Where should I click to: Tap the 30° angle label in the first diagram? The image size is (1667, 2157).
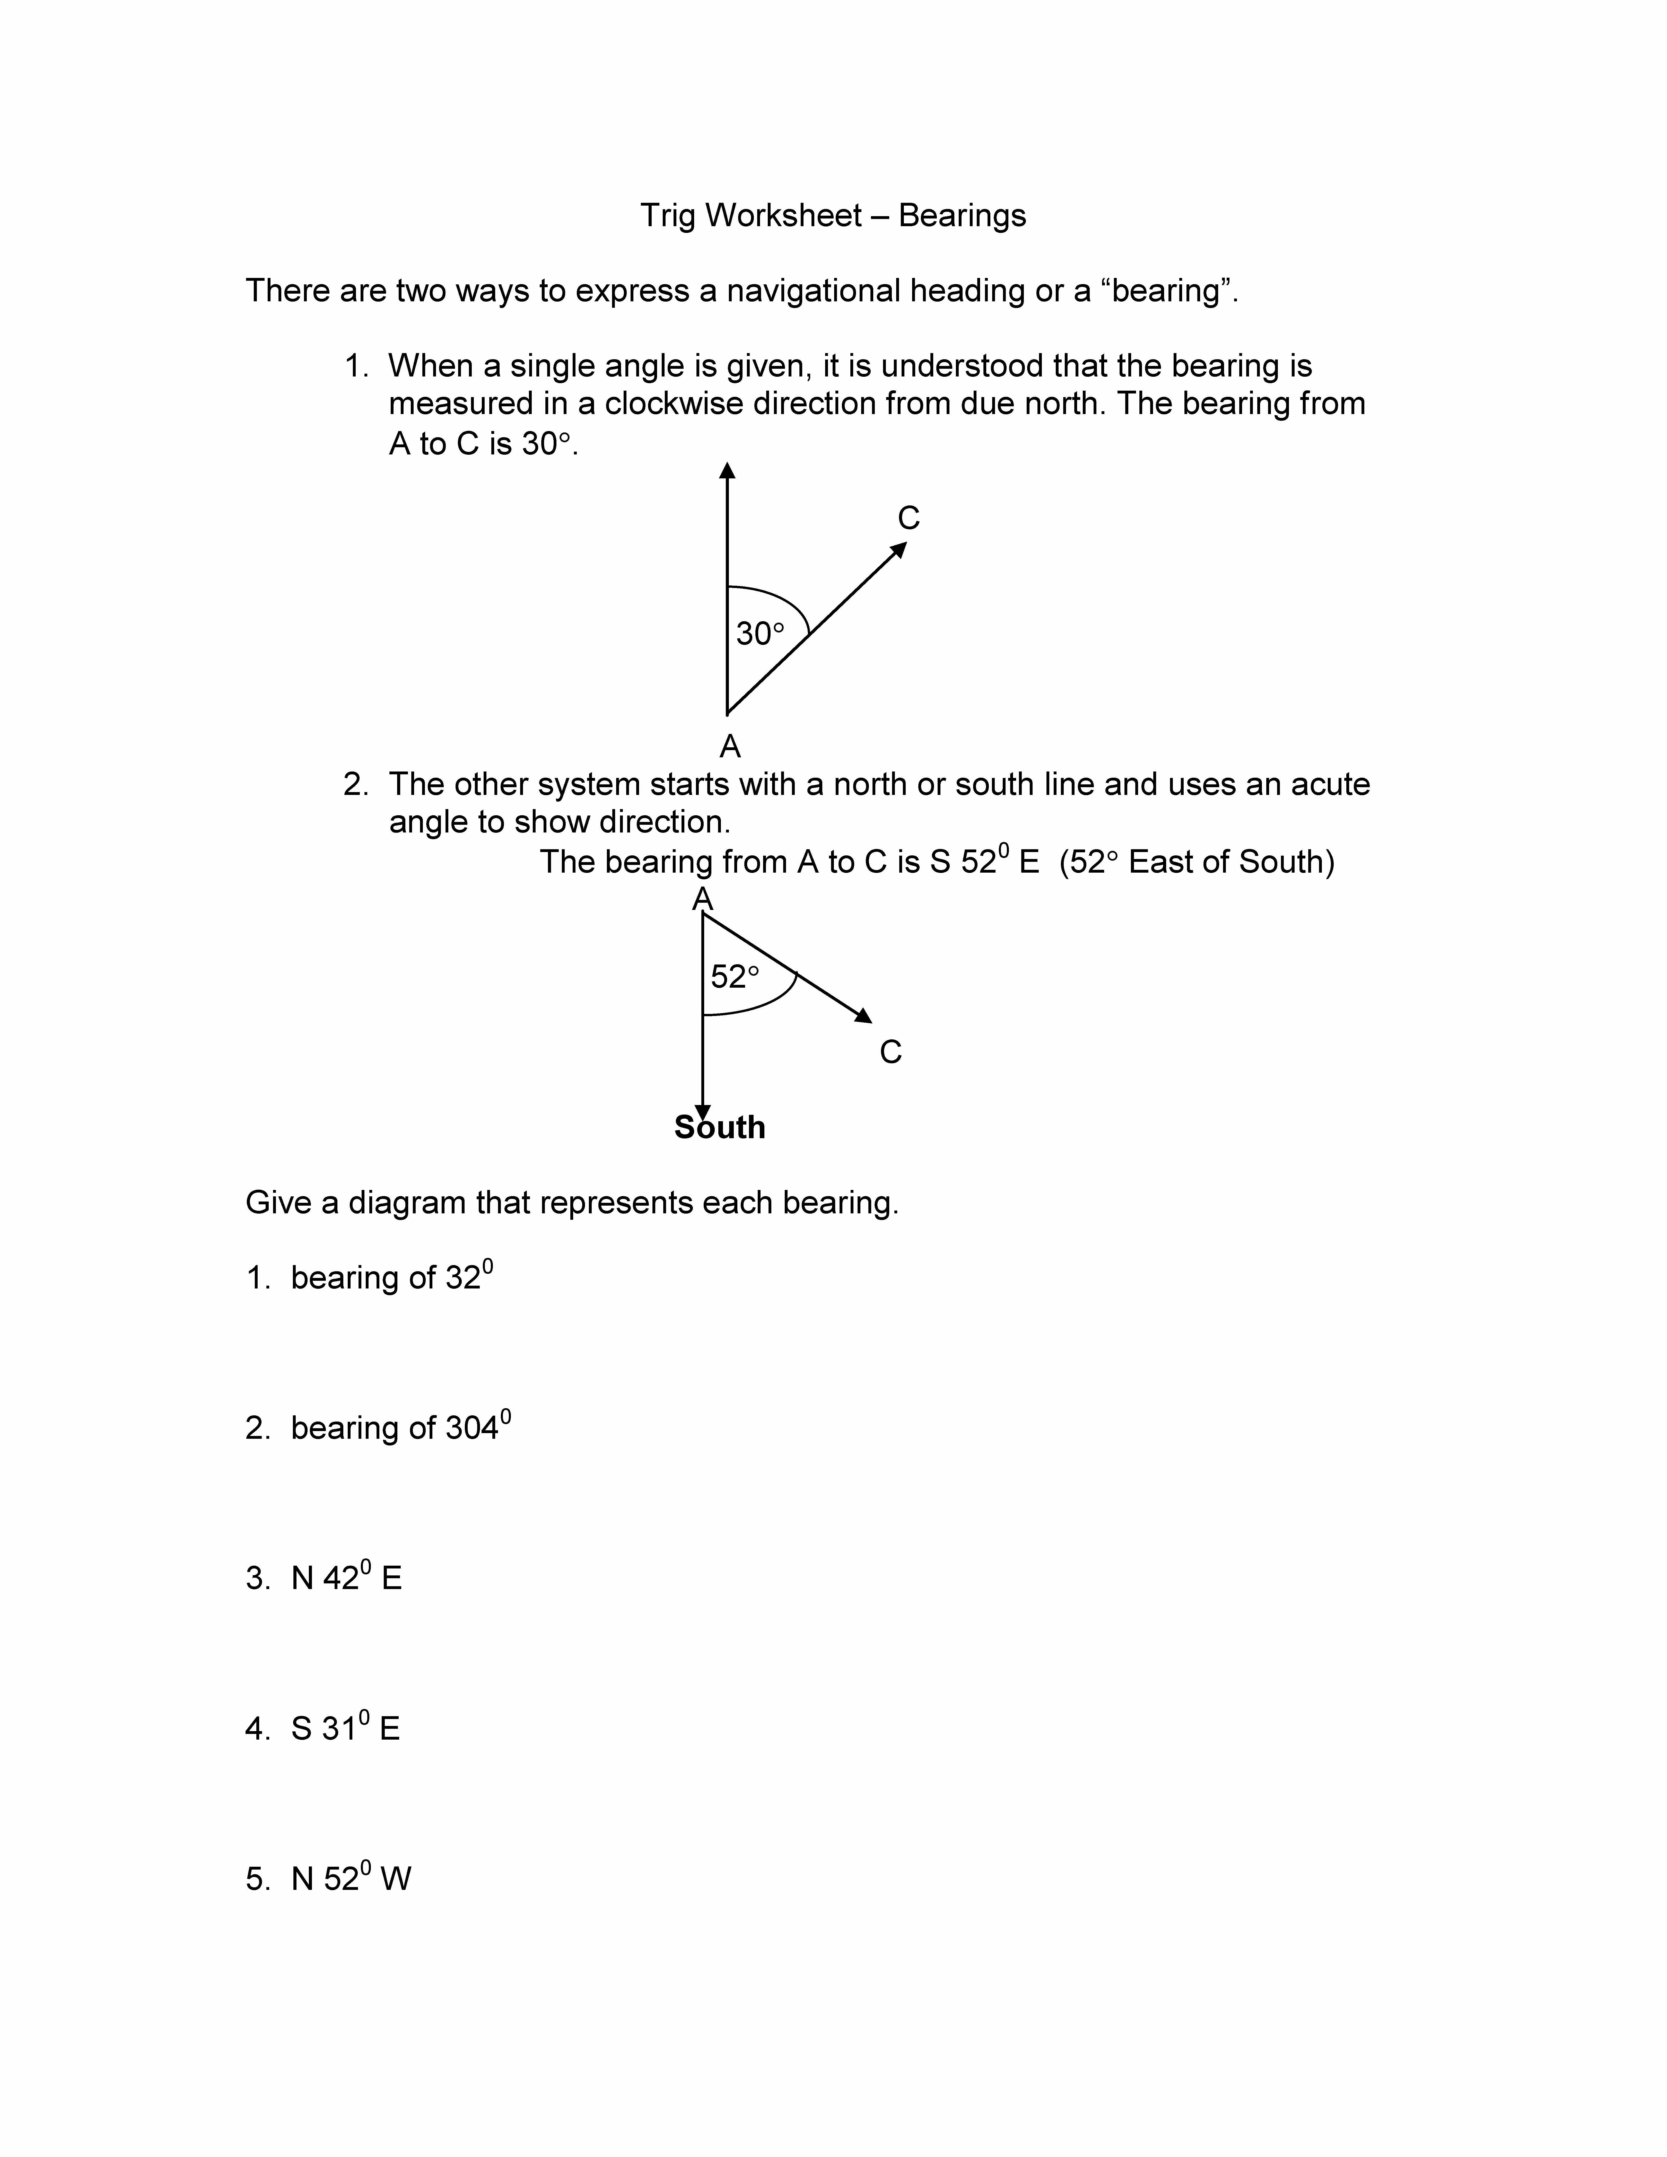pos(760,633)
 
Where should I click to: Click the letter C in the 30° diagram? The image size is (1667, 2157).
pos(909,519)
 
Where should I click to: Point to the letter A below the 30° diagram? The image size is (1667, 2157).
pos(730,747)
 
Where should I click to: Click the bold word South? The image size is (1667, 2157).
pos(720,1127)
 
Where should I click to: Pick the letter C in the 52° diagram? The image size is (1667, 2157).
pos(891,1052)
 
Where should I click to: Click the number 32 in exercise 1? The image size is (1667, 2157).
pos(463,1278)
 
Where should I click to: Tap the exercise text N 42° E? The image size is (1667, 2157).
pos(347,1578)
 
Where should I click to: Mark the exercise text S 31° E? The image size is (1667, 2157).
pos(346,1728)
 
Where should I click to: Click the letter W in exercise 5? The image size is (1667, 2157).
pos(395,1879)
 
